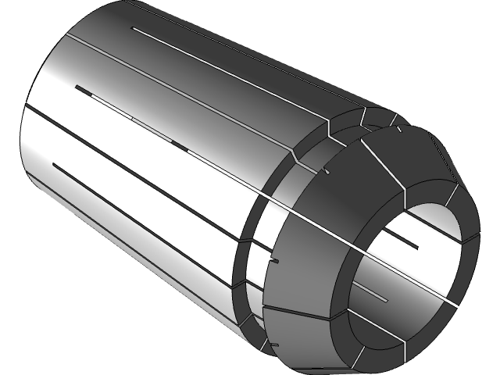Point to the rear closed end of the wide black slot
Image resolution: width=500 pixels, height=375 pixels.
76,88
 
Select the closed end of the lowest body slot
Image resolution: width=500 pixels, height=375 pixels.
53,165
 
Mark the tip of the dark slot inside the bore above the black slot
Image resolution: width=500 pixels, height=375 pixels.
419,248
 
